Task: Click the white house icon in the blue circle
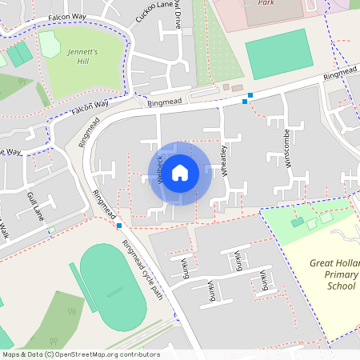click(180, 172)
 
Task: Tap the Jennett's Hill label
click(82, 56)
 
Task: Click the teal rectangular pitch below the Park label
click(276, 54)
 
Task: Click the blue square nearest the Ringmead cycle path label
click(119, 226)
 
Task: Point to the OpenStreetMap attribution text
click(81, 354)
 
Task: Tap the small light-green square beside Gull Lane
click(51, 230)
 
